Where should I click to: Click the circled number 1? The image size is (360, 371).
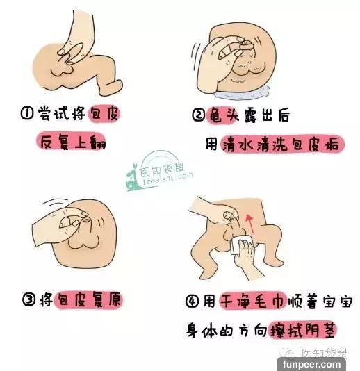point(26,113)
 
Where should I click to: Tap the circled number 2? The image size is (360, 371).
point(198,115)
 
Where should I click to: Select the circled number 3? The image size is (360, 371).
point(29,299)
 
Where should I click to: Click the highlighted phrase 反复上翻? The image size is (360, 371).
point(72,142)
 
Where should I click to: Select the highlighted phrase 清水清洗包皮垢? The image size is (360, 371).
point(281,144)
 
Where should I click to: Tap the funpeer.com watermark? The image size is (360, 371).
point(311,363)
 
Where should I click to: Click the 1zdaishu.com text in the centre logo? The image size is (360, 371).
point(167,179)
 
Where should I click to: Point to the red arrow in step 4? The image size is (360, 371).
point(249,224)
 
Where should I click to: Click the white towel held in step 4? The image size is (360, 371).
point(238,245)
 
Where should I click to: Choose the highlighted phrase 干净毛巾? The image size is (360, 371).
point(253,301)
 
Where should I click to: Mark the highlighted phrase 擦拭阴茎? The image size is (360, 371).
point(304,329)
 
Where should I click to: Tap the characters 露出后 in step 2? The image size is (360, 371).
point(266,115)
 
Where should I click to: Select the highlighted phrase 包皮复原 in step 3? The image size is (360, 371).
point(88,299)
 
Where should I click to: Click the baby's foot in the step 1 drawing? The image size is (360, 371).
point(112,88)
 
